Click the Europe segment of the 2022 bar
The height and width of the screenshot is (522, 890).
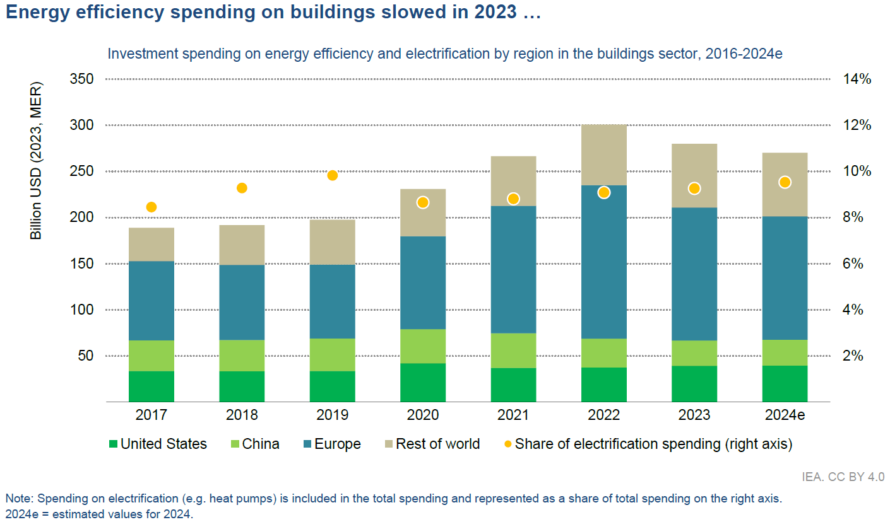point(604,262)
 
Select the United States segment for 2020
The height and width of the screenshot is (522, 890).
point(423,382)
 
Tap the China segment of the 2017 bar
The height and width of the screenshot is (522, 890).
point(151,356)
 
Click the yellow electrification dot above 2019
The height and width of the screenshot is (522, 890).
point(333,175)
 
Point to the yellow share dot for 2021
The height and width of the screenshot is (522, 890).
point(513,199)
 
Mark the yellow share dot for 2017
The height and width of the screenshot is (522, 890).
point(151,207)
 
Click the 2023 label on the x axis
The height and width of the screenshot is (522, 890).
point(694,415)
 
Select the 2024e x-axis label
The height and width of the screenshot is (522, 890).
point(785,415)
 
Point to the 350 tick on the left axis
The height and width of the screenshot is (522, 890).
point(81,79)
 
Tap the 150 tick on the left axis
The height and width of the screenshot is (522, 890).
point(81,264)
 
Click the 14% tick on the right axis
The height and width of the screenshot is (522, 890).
point(857,79)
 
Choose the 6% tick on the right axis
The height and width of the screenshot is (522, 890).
point(857,264)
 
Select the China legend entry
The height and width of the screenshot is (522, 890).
point(261,444)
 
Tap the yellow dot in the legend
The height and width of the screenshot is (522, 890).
point(507,444)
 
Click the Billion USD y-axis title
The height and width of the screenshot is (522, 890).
point(37,161)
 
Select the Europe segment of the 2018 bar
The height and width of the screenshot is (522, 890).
point(242,302)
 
